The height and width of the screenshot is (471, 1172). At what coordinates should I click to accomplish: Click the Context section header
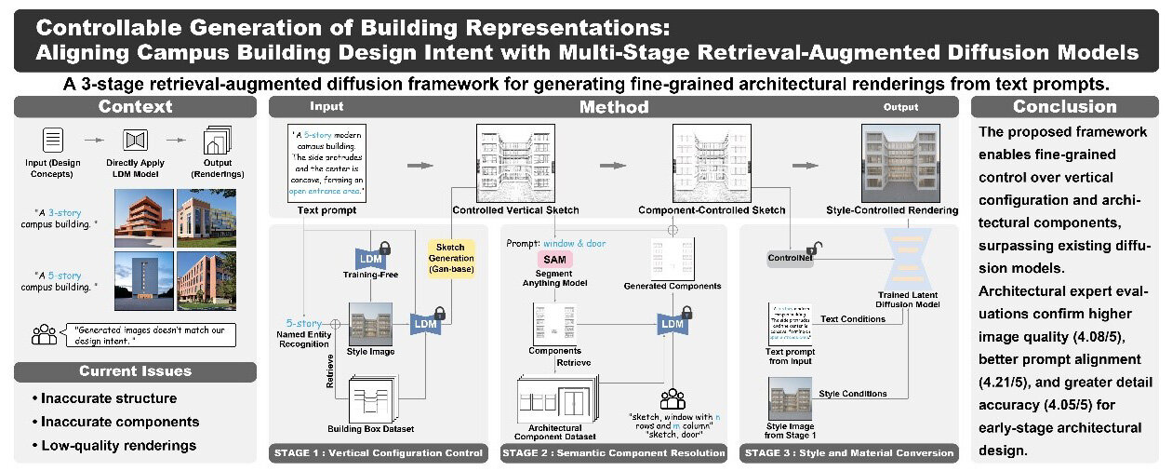tap(135, 107)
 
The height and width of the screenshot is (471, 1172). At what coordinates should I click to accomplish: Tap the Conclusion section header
tap(1064, 107)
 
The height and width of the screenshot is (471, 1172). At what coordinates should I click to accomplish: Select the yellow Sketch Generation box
tap(451, 256)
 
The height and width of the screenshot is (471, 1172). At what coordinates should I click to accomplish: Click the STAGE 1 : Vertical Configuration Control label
tap(378, 453)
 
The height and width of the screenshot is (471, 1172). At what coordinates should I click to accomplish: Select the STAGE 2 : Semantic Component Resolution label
tap(613, 453)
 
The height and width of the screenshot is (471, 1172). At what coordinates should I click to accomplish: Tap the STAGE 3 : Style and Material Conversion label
tap(848, 453)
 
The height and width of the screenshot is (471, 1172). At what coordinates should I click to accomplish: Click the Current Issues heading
tap(135, 371)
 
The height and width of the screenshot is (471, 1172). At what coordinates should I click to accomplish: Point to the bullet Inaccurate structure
tap(109, 398)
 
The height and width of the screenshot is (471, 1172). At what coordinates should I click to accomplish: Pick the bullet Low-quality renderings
tap(119, 445)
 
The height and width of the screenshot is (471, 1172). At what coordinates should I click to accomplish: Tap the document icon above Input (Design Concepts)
tap(52, 141)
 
